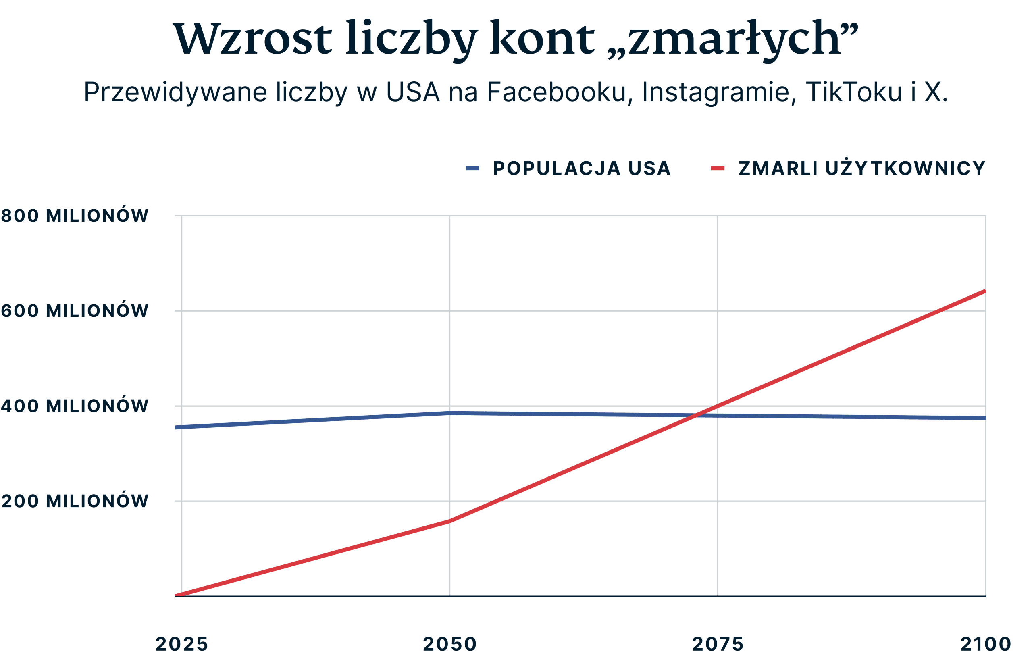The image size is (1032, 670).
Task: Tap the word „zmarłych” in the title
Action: click(x=733, y=39)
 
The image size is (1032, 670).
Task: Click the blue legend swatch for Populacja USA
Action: click(x=472, y=169)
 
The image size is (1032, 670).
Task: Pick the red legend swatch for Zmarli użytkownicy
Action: click(x=718, y=169)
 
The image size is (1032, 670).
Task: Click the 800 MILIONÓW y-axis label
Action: click(x=75, y=216)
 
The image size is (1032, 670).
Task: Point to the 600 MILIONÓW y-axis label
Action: click(x=75, y=311)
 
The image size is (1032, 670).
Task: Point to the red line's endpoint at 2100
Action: click(x=985, y=291)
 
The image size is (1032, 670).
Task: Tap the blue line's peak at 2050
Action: click(x=449, y=413)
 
